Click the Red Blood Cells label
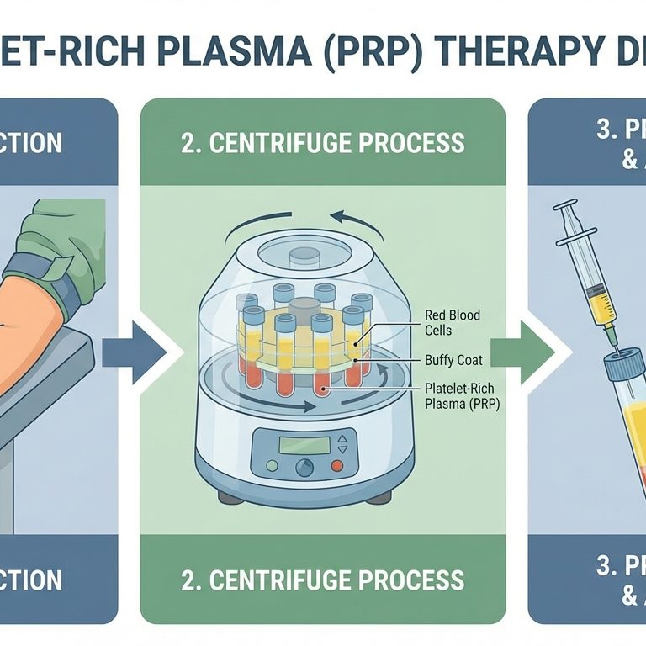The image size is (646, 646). (453, 322)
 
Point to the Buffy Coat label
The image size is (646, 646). (454, 360)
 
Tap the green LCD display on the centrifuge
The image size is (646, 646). (303, 446)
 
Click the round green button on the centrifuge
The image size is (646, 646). (271, 465)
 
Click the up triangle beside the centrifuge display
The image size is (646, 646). (341, 439)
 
